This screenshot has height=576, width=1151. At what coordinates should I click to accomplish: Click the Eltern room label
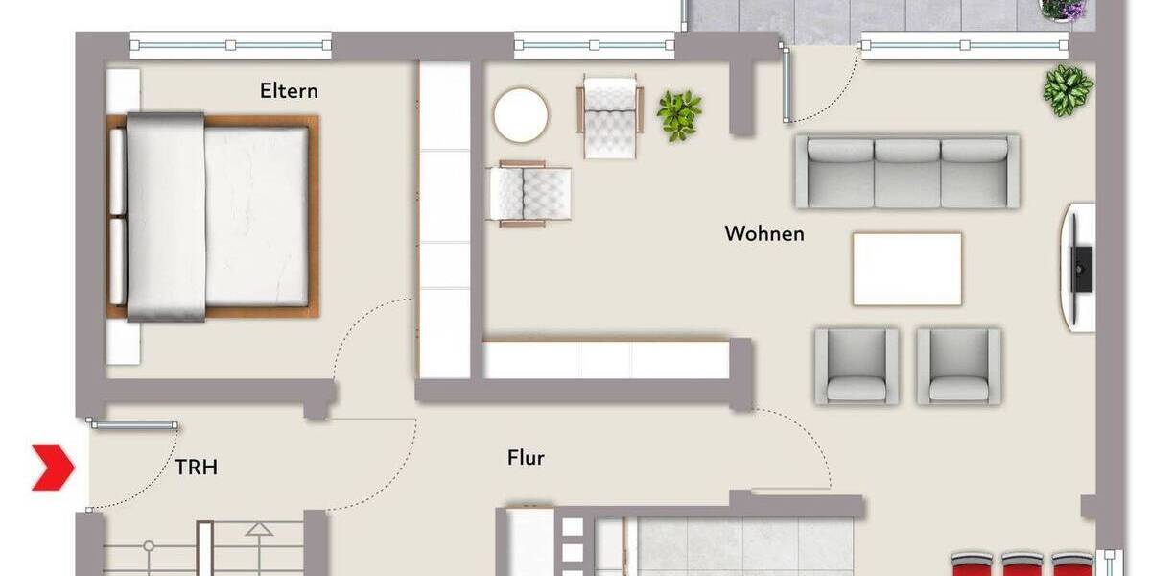pos(289,92)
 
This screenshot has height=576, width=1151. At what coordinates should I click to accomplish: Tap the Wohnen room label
pos(764,233)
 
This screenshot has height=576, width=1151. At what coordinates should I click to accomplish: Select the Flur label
pos(526,458)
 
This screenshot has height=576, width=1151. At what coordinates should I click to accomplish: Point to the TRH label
pos(196,468)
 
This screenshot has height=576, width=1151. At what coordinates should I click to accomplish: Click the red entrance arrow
pos(53,468)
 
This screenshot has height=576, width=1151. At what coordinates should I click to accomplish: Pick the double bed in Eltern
pos(213,217)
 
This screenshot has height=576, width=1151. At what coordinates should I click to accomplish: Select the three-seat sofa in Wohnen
pos(906,171)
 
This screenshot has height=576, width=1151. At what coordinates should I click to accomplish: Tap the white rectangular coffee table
pos(906,269)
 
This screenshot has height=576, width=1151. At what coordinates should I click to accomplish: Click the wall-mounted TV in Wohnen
pos(1081,267)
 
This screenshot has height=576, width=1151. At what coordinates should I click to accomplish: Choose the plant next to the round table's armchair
pos(679,115)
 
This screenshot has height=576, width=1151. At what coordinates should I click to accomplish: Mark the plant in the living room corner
pos(1068,91)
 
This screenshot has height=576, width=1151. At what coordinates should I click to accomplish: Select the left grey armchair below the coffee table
pos(857,366)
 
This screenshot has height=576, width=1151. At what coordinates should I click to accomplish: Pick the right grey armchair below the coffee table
pos(958,366)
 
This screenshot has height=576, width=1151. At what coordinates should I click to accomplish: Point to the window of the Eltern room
pos(230,44)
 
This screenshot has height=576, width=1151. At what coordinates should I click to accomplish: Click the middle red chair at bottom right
pos(1022,564)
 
